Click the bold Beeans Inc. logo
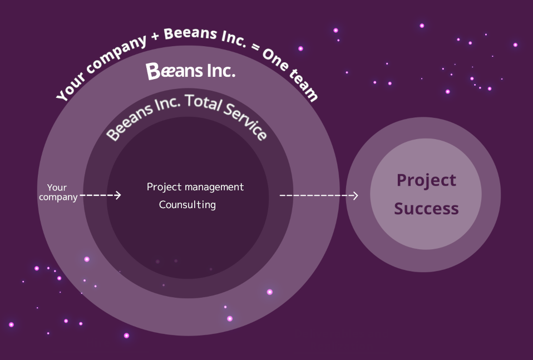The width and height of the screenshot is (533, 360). (191, 71)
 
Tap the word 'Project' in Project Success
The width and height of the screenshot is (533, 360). (426, 180)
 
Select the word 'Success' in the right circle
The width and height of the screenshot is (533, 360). (426, 209)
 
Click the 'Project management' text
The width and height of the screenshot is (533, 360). (195, 188)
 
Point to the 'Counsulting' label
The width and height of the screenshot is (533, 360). (187, 205)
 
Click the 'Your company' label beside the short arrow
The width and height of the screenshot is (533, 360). (58, 193)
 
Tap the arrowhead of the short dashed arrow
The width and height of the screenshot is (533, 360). (118, 195)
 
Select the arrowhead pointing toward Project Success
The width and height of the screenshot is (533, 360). (355, 195)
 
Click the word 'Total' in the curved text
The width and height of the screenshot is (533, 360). (203, 102)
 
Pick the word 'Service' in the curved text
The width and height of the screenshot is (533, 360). (245, 121)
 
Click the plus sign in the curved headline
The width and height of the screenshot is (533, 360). (155, 36)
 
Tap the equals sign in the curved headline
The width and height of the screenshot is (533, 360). (255, 47)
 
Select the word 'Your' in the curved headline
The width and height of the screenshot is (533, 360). (70, 88)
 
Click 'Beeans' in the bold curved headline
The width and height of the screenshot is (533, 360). (190, 33)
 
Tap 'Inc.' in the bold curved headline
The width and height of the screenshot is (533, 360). (234, 38)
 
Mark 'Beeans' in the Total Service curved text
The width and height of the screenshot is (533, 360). (129, 124)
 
